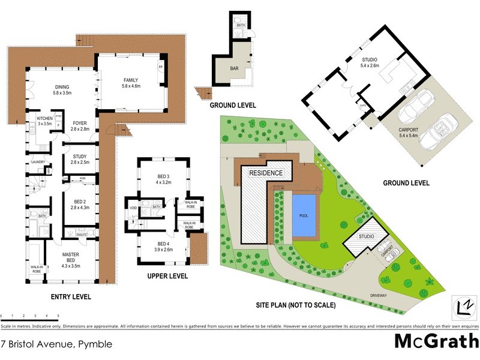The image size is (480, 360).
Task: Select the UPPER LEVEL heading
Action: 167,277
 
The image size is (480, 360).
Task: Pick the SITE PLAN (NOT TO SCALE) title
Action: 296,305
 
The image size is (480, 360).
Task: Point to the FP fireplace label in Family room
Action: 160,67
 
